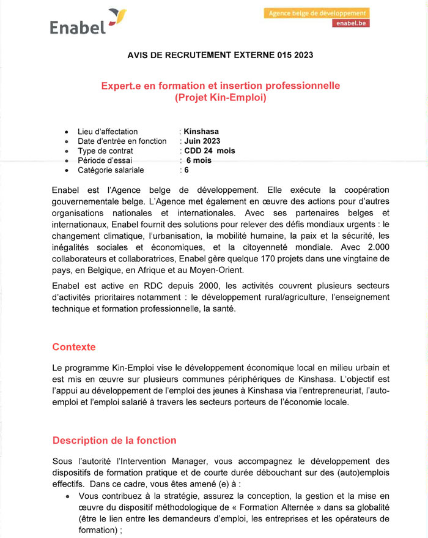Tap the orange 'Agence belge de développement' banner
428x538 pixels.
pyautogui.click(x=317, y=13)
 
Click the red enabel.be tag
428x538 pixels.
pyautogui.click(x=351, y=23)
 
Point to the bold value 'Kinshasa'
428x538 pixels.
pyautogui.click(x=201, y=132)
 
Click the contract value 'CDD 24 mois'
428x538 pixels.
pyautogui.click(x=209, y=151)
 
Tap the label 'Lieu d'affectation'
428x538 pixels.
pyautogui.click(x=108, y=132)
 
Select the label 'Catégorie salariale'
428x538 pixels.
pyautogui.click(x=111, y=170)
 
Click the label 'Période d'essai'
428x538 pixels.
pyautogui.click(x=105, y=160)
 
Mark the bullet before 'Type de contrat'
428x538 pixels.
pyautogui.click(x=66, y=151)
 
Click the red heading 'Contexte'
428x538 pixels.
pyautogui.click(x=74, y=347)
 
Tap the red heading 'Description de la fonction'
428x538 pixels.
pyautogui.click(x=114, y=440)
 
